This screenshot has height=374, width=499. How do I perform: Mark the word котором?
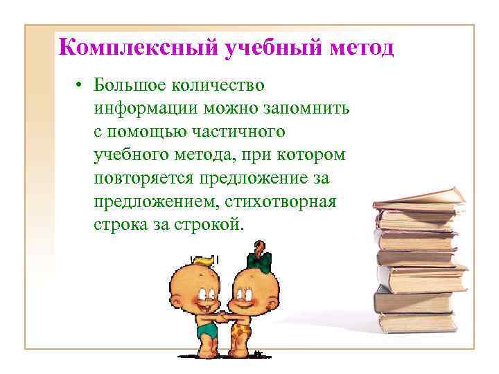point(309,155)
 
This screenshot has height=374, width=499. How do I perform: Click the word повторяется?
point(141,179)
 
